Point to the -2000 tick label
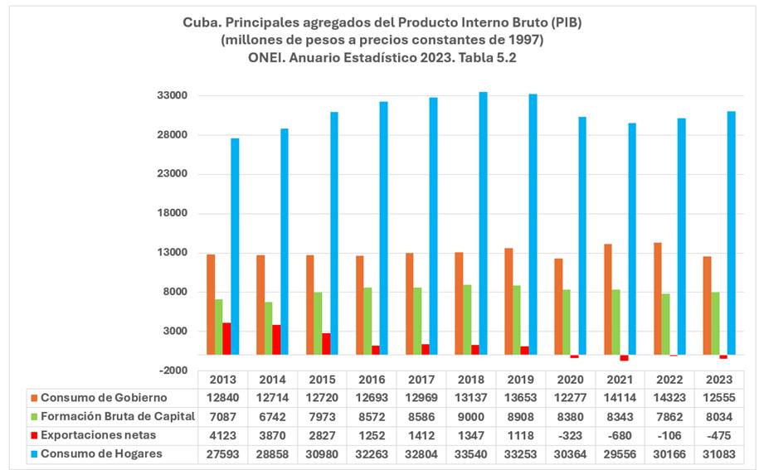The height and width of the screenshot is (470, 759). point(174,371)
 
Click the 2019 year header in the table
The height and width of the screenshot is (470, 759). point(521,380)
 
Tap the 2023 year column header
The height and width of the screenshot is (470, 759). point(719,380)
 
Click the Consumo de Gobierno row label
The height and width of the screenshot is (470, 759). point(104,398)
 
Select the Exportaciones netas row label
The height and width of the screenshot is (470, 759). point(98,434)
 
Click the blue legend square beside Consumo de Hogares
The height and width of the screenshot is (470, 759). point(33,453)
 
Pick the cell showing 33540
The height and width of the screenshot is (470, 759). point(471,453)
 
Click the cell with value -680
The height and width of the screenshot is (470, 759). point(620,434)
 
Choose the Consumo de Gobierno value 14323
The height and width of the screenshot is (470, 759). point(669,398)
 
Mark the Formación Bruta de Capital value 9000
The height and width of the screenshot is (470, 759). point(471,416)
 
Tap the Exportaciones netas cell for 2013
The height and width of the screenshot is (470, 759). point(223,434)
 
